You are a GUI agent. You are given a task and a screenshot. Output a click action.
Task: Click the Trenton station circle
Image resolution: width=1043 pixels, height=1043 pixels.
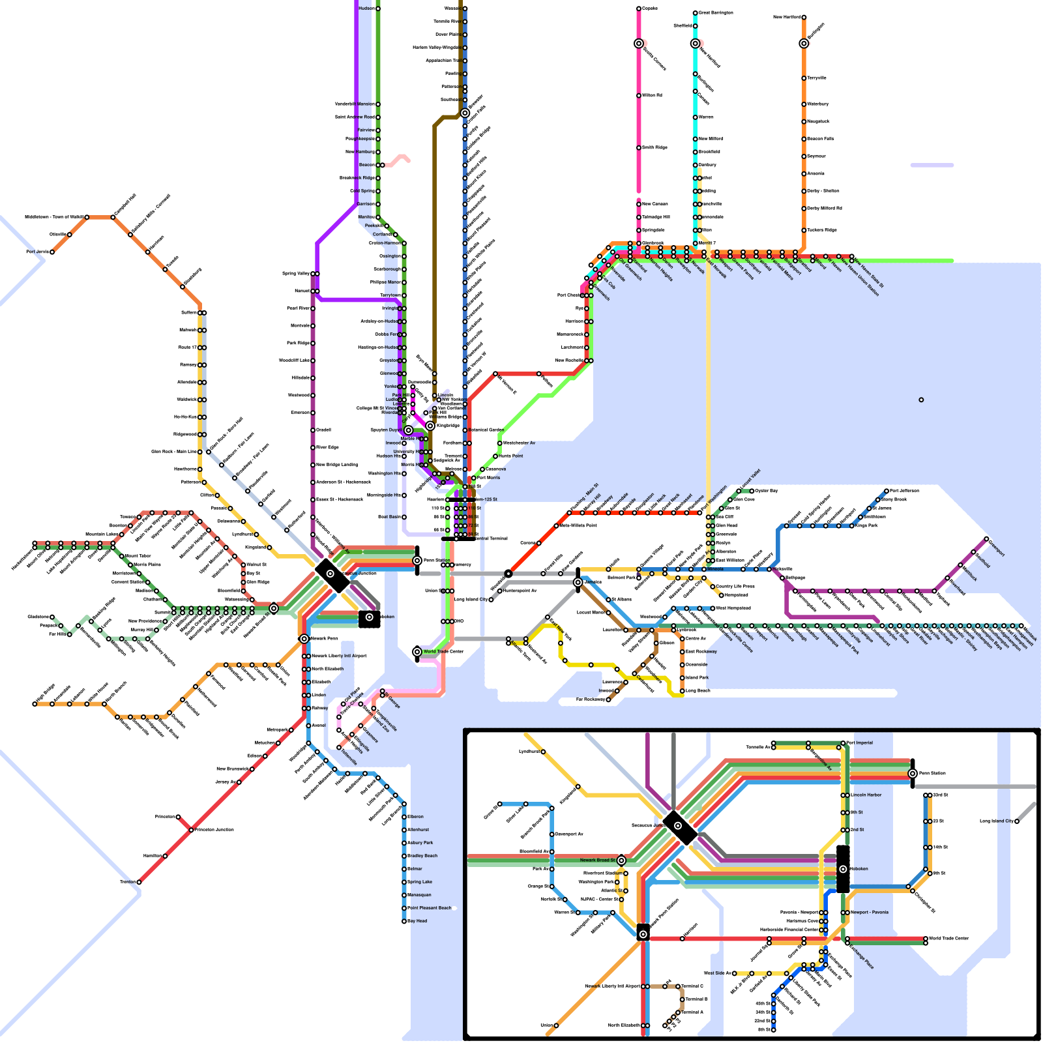pyautogui.click(x=139, y=882)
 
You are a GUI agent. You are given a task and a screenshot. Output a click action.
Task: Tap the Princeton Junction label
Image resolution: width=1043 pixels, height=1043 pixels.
pyautogui.click(x=214, y=830)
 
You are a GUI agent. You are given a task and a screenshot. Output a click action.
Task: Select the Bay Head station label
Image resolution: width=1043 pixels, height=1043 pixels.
pyautogui.click(x=417, y=921)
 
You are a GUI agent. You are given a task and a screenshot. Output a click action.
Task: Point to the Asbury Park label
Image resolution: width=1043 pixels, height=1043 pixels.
pyautogui.click(x=420, y=843)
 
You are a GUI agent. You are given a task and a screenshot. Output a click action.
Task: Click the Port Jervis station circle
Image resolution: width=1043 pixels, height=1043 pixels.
pyautogui.click(x=52, y=252)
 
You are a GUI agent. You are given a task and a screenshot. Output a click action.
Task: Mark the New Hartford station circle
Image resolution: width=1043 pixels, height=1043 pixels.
pyautogui.click(x=804, y=18)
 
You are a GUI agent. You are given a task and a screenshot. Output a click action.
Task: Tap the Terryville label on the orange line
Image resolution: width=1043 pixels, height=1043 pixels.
pyautogui.click(x=817, y=78)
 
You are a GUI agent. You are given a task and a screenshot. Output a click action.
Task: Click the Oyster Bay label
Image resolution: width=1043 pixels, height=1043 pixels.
pyautogui.click(x=767, y=491)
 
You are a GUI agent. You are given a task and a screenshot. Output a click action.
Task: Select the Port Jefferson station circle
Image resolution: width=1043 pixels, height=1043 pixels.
pyautogui.click(x=887, y=491)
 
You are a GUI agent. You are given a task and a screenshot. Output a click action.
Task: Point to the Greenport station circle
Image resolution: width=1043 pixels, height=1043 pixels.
pyautogui.click(x=986, y=539)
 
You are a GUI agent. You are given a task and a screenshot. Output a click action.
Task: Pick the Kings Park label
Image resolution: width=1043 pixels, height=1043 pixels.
pyautogui.click(x=866, y=525)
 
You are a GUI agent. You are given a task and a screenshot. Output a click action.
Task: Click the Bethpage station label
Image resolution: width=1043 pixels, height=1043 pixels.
pyautogui.click(x=795, y=578)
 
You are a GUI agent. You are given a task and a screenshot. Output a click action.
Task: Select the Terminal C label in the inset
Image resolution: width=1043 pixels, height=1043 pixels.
pyautogui.click(x=692, y=986)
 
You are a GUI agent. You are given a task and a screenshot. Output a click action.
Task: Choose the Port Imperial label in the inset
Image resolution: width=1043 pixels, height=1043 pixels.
pyautogui.click(x=860, y=742)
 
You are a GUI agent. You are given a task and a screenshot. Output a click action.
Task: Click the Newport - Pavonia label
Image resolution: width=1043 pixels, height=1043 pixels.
pyautogui.click(x=870, y=913)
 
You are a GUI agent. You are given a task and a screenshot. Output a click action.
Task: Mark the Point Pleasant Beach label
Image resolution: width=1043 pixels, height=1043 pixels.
pyautogui.click(x=430, y=908)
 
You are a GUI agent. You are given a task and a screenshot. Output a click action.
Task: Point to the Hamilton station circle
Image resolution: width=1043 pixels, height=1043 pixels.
pyautogui.click(x=165, y=856)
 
